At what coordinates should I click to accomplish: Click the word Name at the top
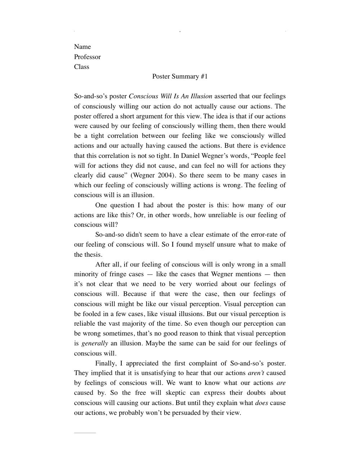[82, 47]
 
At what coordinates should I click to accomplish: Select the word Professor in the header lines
[87, 57]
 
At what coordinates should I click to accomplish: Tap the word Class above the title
[82, 67]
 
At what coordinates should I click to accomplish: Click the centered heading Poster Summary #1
[180, 76]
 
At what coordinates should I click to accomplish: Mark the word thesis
[93, 255]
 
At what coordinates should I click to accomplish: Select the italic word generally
[95, 343]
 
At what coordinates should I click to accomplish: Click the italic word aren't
[256, 373]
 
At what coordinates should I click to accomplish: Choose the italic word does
[261, 403]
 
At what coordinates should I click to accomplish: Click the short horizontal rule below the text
[85, 433]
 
